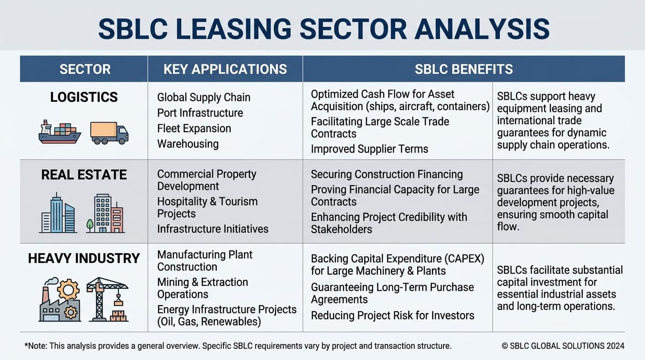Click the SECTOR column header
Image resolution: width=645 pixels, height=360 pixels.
pyautogui.click(x=85, y=69)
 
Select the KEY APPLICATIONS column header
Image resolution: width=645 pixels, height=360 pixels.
pyautogui.click(x=225, y=69)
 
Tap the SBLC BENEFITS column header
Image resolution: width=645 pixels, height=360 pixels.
pyautogui.click(x=464, y=69)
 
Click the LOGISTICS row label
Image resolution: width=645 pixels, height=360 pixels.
pyautogui.click(x=84, y=97)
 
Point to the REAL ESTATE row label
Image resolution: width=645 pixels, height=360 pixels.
pyautogui.click(x=84, y=174)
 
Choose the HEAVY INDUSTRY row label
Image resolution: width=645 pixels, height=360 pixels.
pyautogui.click(x=84, y=258)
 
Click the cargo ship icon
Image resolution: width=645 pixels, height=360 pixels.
pyautogui.click(x=60, y=132)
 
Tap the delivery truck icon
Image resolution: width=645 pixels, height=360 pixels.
pyautogui.click(x=109, y=133)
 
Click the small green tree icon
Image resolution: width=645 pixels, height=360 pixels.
pyautogui.click(x=90, y=225)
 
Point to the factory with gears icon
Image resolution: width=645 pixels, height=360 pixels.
pyautogui.click(x=60, y=300)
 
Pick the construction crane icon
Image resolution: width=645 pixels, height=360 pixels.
pyautogui.click(x=108, y=299)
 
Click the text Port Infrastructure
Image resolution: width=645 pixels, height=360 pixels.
pyautogui.click(x=200, y=113)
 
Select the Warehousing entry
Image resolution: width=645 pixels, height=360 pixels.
pyautogui.click(x=188, y=144)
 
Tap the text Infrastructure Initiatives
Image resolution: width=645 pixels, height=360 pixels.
pyautogui.click(x=212, y=229)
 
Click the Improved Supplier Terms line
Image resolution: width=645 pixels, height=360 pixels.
pyautogui.click(x=369, y=149)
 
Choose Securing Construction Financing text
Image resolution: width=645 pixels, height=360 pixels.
pyautogui.click(x=387, y=174)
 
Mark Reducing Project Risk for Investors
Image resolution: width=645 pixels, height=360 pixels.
pyautogui.click(x=392, y=315)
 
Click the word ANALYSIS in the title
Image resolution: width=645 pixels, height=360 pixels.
pyautogui.click(x=482, y=29)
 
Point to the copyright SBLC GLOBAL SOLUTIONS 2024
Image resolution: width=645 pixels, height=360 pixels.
pyautogui.click(x=563, y=346)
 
